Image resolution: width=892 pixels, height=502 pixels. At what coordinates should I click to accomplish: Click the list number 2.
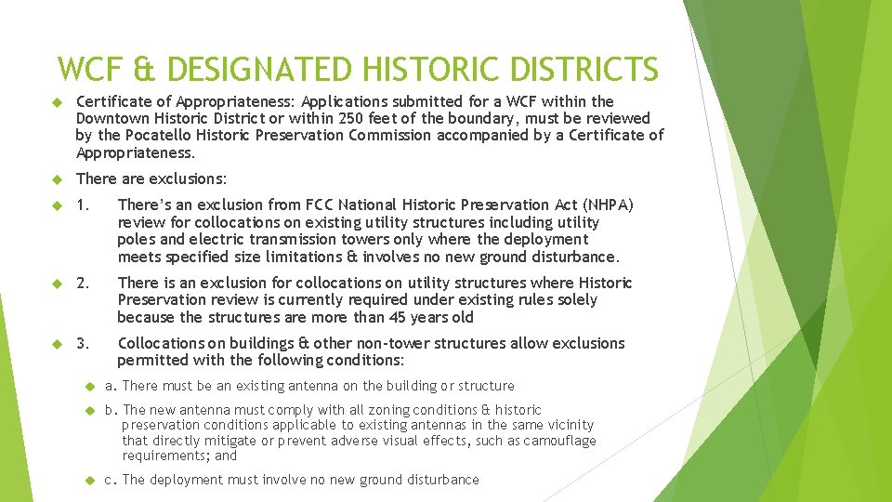pyautogui.click(x=83, y=283)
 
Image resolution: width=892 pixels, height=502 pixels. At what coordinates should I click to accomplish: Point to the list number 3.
pyautogui.click(x=83, y=343)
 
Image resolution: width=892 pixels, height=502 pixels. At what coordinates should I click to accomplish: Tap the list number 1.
pyautogui.click(x=83, y=205)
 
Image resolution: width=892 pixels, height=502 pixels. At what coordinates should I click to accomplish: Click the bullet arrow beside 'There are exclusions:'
pyautogui.click(x=56, y=178)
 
